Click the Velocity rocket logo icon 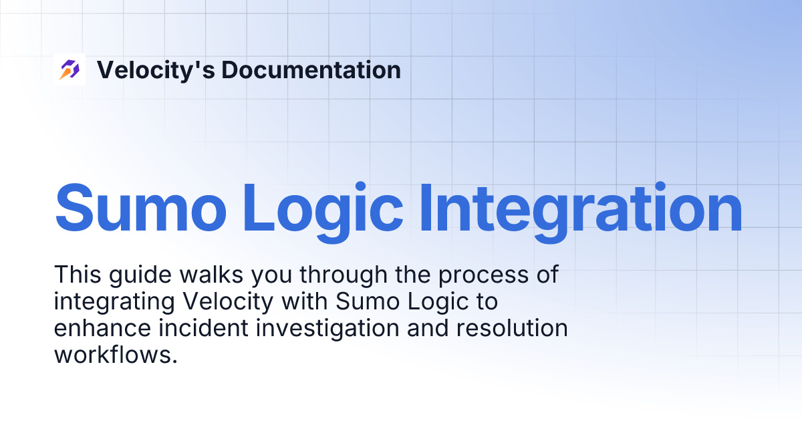[70, 69]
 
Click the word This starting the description [77, 274]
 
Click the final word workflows [114, 355]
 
